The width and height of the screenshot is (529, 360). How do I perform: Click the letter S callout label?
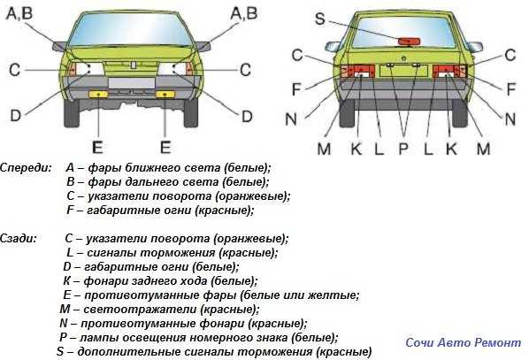click(320, 19)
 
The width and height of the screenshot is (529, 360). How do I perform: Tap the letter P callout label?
click(403, 149)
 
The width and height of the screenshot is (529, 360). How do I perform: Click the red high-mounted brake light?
click(409, 42)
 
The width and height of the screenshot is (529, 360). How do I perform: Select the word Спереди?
click(26, 168)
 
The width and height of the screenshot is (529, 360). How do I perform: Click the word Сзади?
click(19, 239)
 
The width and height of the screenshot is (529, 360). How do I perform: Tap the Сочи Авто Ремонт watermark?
click(464, 343)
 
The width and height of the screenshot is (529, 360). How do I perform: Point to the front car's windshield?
click(131, 30)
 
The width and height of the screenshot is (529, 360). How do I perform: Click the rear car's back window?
click(404, 32)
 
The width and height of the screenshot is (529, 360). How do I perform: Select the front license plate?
click(132, 83)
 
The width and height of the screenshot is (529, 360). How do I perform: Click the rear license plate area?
click(403, 71)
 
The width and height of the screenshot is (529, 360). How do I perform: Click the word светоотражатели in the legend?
click(140, 310)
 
